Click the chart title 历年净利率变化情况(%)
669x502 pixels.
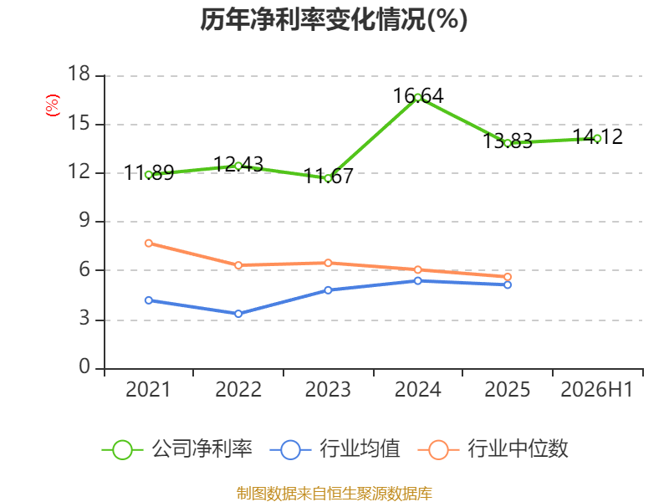[334, 19]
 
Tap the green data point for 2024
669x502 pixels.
[417, 97]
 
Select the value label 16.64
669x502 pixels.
[418, 95]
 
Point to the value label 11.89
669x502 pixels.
[149, 173]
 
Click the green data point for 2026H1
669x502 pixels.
[597, 139]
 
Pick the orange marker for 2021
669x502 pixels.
[149, 243]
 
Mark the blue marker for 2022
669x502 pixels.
[238, 314]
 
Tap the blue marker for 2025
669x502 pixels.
[508, 284]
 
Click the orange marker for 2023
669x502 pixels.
[328, 263]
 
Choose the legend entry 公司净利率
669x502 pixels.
[177, 449]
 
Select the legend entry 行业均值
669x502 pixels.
[335, 449]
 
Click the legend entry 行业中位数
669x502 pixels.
[493, 449]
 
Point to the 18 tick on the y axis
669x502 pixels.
[79, 74]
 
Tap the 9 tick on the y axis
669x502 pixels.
[85, 221]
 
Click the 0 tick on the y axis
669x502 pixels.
[85, 367]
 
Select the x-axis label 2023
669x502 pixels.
[328, 390]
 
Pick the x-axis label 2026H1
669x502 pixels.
[597, 390]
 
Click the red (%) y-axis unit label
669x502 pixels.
[52, 105]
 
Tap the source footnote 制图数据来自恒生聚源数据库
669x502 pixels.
[334, 494]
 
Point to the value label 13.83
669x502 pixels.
[508, 141]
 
